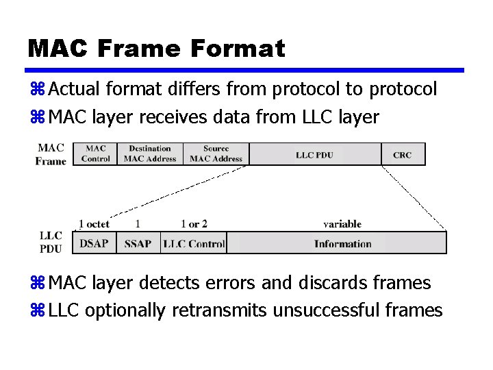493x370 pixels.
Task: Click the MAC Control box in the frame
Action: coord(95,153)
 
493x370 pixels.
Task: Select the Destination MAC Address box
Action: coord(150,153)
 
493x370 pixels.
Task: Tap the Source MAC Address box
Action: coord(216,153)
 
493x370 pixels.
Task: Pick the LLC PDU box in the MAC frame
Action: coord(314,154)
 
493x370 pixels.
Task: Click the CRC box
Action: coord(403,154)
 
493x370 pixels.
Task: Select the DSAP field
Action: coord(94,243)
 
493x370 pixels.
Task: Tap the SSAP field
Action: coord(138,243)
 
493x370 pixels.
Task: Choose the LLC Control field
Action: coord(194,243)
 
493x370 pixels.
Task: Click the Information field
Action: coord(342,243)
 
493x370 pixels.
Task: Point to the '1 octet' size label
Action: coord(94,224)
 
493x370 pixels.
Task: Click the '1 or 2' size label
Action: coord(194,224)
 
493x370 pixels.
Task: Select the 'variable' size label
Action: coord(342,224)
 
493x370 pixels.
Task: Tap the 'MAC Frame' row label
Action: coord(51,154)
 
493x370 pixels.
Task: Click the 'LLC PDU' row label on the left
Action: coord(51,242)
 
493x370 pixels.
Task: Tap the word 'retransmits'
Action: coord(220,310)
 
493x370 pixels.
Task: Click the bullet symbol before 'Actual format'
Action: coord(37,90)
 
